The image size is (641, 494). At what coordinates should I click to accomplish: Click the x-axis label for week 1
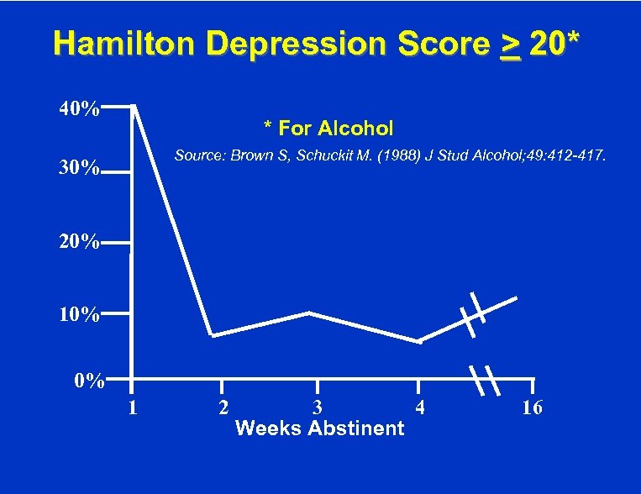[x=132, y=409]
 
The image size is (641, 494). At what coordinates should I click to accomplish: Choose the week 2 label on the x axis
[x=222, y=409]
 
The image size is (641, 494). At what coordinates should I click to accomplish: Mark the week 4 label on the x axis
[x=420, y=409]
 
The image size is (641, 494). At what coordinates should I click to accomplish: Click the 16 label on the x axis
[x=532, y=409]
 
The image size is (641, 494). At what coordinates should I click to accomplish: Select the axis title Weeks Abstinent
[x=320, y=428]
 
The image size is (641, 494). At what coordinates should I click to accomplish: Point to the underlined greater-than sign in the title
[x=509, y=45]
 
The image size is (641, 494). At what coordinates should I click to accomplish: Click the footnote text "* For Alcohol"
[x=328, y=129]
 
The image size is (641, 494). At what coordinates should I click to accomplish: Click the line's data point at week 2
[x=212, y=335]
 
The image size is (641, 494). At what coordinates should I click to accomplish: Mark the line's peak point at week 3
[x=309, y=313]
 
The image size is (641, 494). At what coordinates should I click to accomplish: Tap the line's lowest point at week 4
[x=418, y=342]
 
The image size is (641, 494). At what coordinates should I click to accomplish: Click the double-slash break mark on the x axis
[x=485, y=381]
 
